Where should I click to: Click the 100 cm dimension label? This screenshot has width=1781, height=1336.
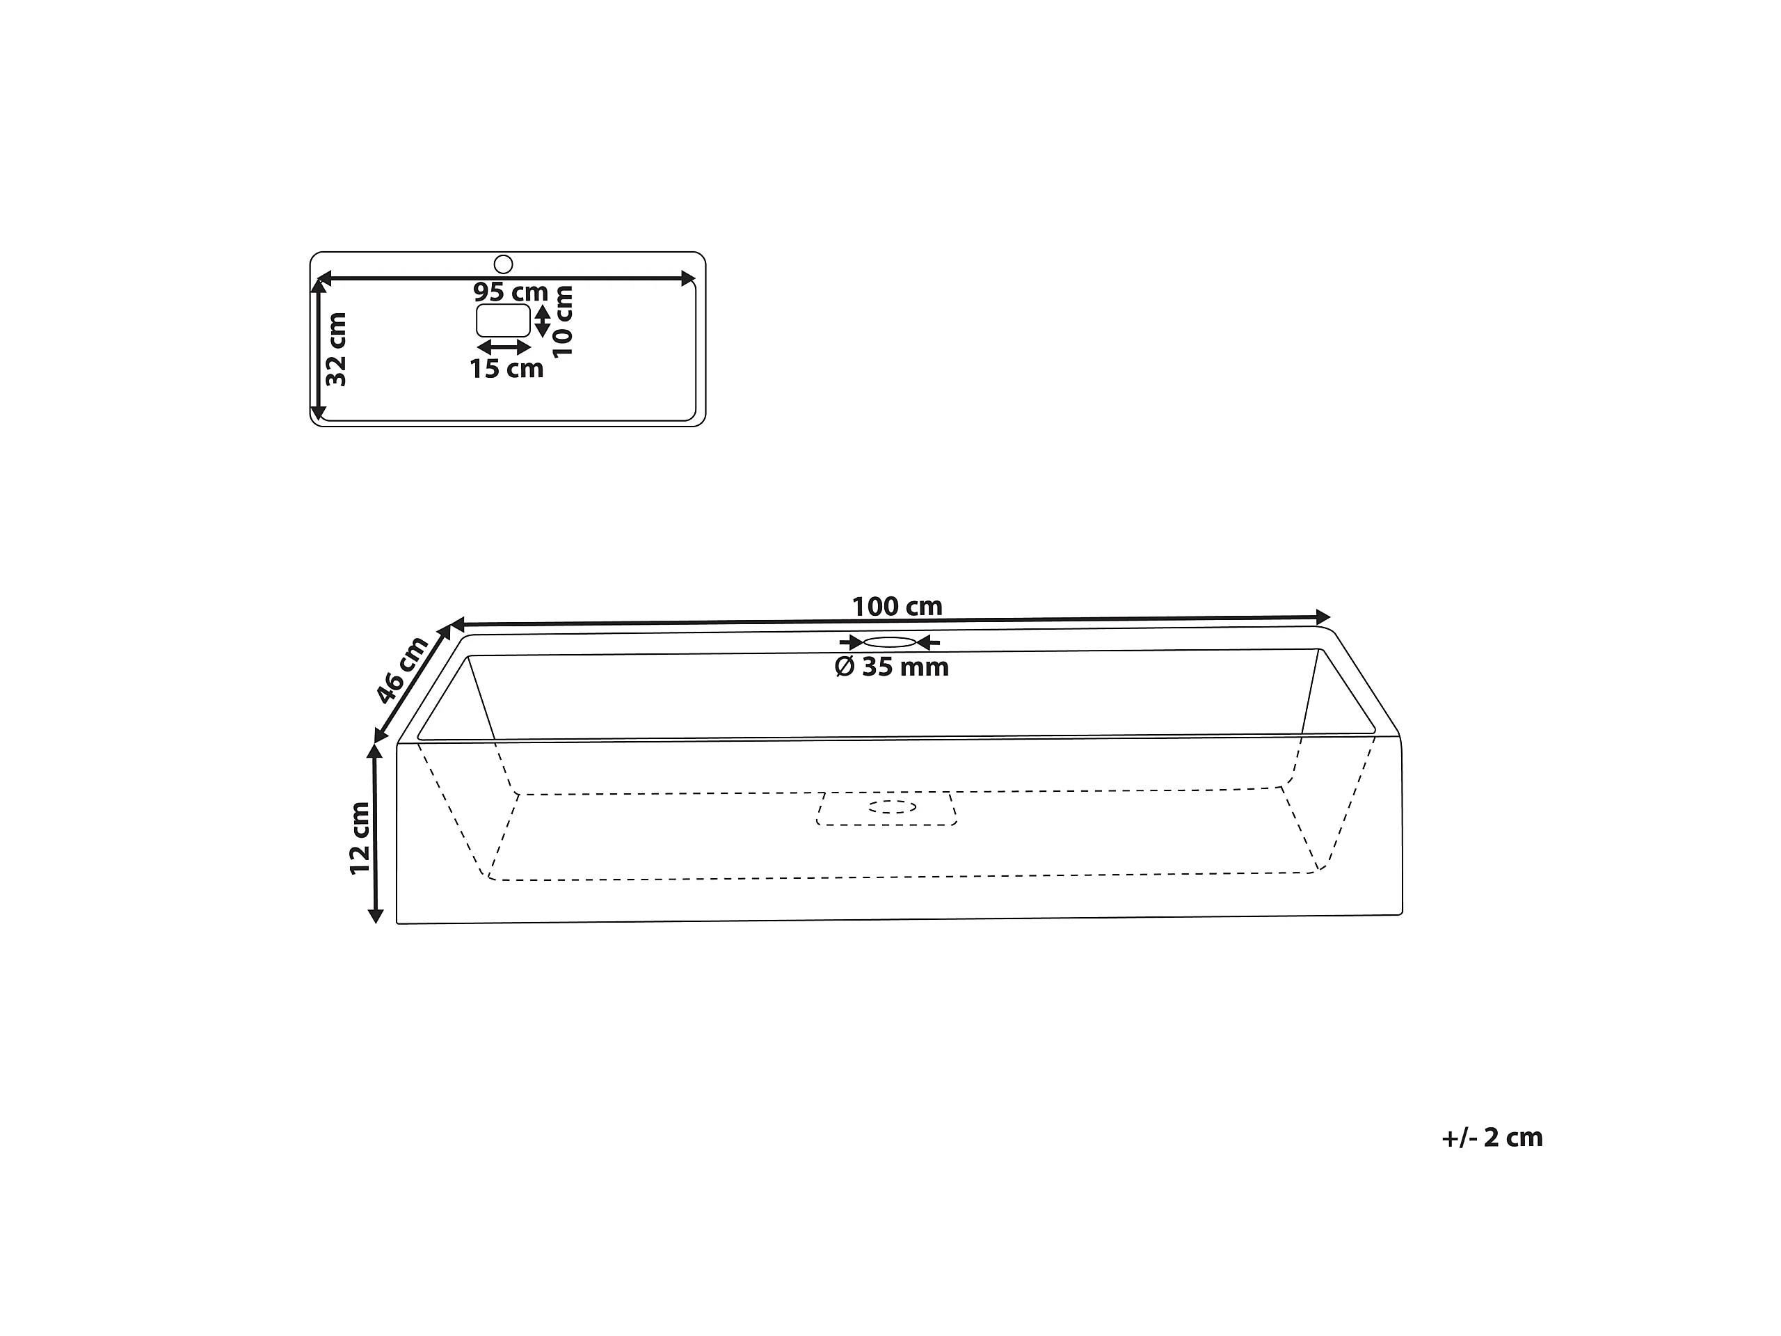[897, 606]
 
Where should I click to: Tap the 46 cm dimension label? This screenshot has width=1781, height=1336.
[402, 669]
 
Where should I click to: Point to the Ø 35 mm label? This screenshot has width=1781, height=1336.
[892, 667]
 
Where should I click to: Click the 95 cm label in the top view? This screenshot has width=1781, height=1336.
[511, 292]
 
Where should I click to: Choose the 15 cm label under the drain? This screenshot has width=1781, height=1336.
[506, 369]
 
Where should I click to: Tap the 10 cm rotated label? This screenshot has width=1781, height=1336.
[562, 321]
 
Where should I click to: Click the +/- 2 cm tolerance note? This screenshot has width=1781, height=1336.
[1492, 1137]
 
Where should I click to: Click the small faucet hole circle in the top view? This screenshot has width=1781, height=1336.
[503, 264]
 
